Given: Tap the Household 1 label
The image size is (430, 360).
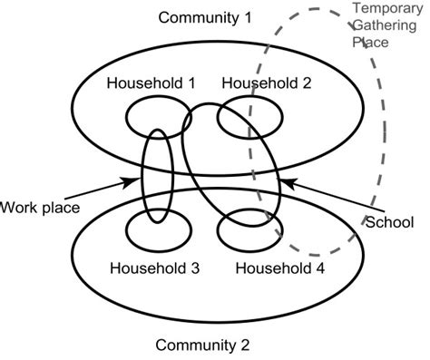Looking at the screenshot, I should coord(151,83).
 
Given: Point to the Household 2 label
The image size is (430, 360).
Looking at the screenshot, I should coord(266,83).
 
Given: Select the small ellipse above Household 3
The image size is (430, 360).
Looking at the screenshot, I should coord(151,228).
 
